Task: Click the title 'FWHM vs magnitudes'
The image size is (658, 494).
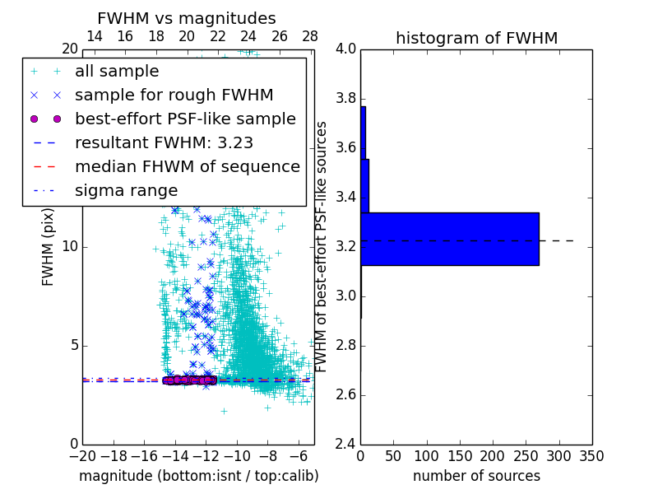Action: coord(187,18)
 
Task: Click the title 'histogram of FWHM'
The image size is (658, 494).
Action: coord(476,38)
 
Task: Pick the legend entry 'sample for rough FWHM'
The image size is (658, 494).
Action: coord(174,96)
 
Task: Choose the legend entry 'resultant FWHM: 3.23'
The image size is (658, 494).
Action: coord(164,142)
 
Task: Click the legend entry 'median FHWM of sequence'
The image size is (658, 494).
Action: coord(187,166)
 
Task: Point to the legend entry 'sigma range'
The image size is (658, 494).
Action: coord(126,190)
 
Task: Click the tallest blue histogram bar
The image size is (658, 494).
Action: coord(449,239)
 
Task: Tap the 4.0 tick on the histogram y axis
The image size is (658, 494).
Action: coord(346,49)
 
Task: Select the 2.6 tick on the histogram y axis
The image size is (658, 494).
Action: coord(346,395)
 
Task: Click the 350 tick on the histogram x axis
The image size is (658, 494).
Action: coord(591,455)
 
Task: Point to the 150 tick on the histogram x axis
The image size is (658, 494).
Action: coord(459,455)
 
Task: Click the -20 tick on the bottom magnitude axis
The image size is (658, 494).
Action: coord(82,455)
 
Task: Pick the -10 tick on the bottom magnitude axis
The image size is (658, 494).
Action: coord(237,455)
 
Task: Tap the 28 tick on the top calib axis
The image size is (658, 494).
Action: coord(310,36)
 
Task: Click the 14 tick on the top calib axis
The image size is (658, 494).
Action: coord(95,36)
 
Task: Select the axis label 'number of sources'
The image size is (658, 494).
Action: coord(476,476)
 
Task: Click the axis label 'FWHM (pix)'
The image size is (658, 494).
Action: coord(49,247)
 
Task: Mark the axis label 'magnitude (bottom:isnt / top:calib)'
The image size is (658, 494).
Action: coord(198,476)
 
